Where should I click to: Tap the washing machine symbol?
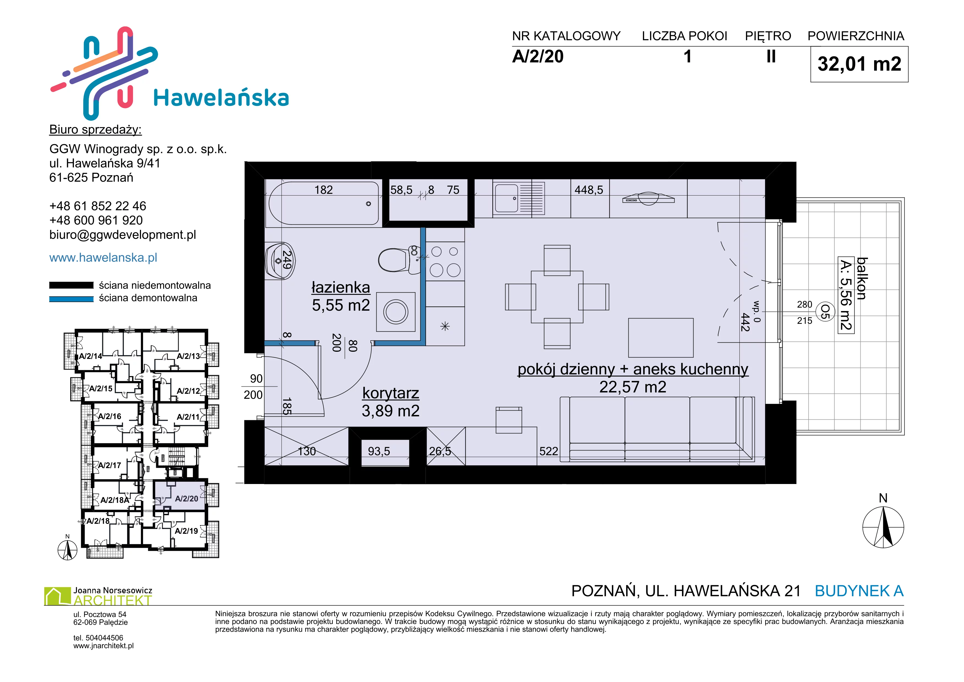click(396, 312)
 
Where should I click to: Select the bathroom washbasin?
click(280, 260)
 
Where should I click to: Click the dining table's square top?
click(557, 297)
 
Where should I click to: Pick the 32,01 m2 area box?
click(859, 64)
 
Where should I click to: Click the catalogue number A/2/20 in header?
click(538, 57)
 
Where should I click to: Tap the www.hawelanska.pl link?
click(103, 257)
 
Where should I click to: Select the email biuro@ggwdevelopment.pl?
click(123, 235)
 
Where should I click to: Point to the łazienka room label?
click(341, 288)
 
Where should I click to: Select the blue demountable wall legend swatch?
click(71, 299)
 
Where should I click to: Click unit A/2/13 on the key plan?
click(188, 356)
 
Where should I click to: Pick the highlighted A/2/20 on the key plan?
click(186, 499)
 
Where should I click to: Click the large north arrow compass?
click(883, 527)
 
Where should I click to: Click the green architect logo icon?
click(57, 596)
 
